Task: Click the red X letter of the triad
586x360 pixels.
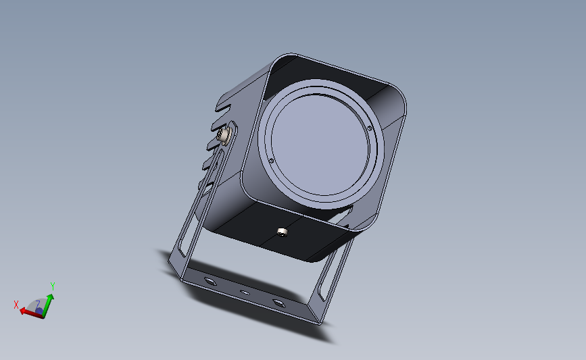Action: click(16, 305)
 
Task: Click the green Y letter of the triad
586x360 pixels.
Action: click(52, 286)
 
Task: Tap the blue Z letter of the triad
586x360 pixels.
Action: click(39, 311)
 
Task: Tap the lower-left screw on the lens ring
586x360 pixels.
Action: click(271, 161)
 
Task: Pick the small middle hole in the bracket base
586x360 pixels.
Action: click(245, 292)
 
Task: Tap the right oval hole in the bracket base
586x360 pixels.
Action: click(278, 301)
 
